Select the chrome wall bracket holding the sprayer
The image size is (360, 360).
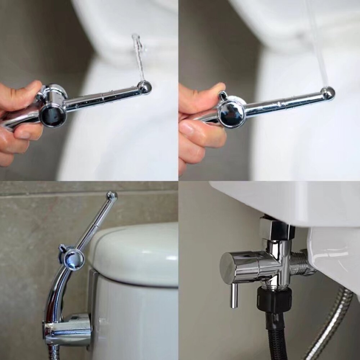(x=68, y=328)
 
